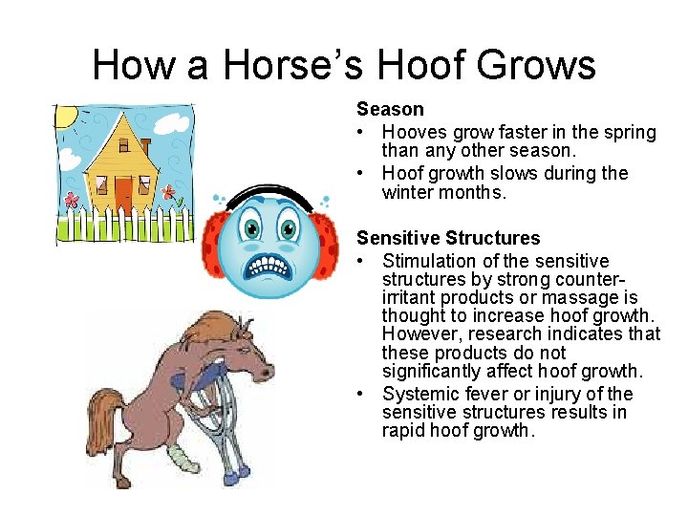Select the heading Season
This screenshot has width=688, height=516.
click(390, 110)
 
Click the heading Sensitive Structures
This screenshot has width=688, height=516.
click(448, 239)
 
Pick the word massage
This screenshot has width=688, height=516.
click(582, 298)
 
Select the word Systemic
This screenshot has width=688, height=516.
click(420, 395)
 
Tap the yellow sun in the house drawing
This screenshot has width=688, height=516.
click(66, 117)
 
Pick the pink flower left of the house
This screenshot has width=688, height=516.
click(72, 202)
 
